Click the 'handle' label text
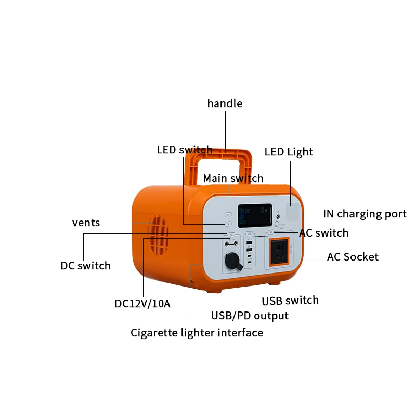coord(225,103)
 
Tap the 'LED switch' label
coord(184,150)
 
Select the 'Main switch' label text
coord(233,178)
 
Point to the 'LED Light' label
coord(289,152)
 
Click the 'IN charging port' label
coord(365,214)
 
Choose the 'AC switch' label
coord(323,232)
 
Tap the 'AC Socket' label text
coord(353,256)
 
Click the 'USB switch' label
coord(290,300)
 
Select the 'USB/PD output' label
coord(250,315)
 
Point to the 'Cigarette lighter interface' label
coord(197,332)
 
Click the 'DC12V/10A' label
coord(142,303)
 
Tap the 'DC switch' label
coord(85,266)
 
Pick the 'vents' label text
coord(86,223)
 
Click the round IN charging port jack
coord(279,214)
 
